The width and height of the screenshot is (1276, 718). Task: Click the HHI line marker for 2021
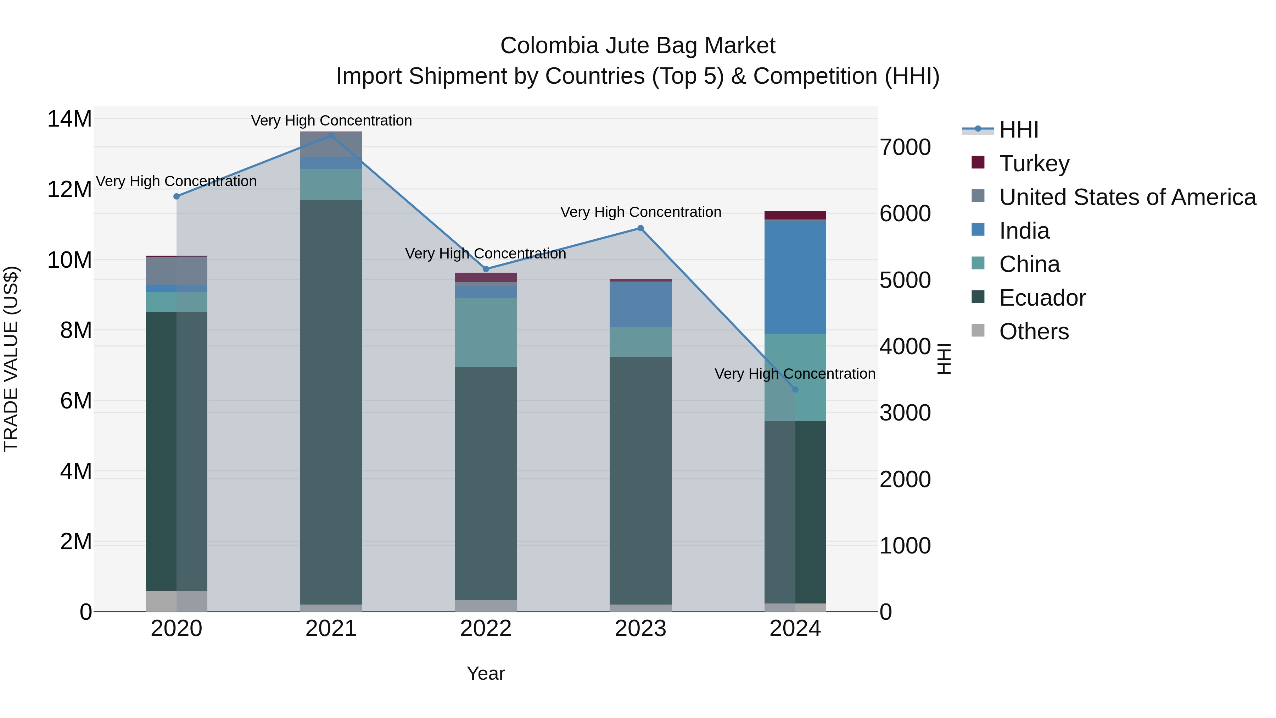tap(331, 135)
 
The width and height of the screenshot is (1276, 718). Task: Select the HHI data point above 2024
tap(795, 389)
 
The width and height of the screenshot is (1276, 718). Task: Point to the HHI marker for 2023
tap(640, 228)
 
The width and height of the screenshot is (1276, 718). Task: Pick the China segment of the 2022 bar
tap(486, 332)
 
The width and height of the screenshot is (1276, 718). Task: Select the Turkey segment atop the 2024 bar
tap(795, 215)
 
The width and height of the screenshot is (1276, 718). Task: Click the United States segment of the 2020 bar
tap(177, 271)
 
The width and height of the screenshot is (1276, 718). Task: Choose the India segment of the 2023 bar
tap(640, 304)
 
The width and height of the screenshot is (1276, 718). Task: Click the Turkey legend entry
tap(1034, 163)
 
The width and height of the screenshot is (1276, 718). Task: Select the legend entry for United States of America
tap(1127, 197)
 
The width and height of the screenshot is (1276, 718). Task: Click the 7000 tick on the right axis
tap(905, 147)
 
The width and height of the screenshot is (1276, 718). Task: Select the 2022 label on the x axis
tap(486, 629)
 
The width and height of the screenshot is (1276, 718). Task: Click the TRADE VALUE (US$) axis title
tap(11, 359)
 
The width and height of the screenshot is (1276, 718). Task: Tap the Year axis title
tap(486, 673)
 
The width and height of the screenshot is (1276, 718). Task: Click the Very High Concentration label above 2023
tap(640, 212)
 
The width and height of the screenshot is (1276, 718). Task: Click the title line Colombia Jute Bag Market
tap(638, 46)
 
